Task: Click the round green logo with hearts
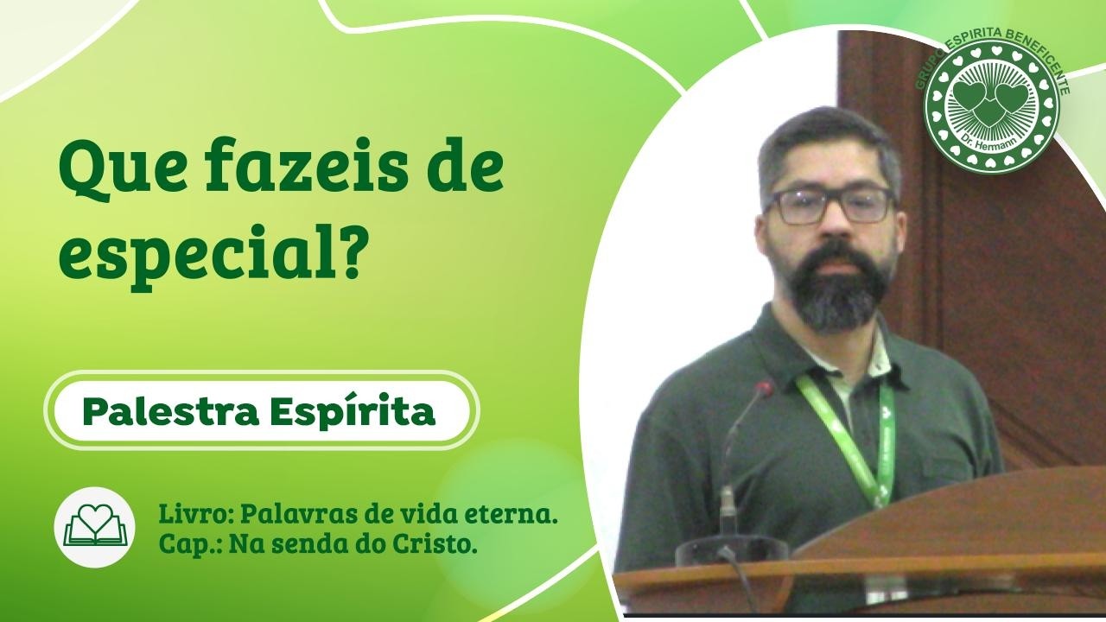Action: click(991, 105)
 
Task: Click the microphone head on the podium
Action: click(764, 390)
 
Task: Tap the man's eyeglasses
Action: click(829, 206)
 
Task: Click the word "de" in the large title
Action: click(466, 169)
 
